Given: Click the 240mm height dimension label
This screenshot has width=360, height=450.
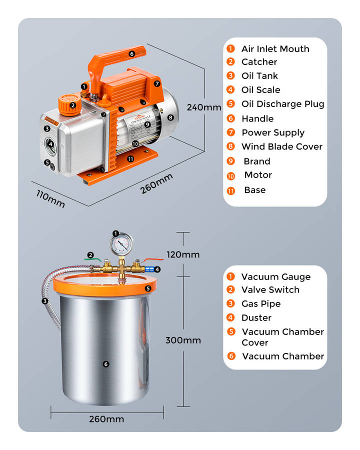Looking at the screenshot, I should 203,107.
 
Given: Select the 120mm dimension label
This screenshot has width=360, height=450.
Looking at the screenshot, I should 183,254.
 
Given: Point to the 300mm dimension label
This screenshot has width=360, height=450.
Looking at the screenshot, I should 183,340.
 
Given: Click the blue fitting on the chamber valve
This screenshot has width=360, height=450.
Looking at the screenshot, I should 148,269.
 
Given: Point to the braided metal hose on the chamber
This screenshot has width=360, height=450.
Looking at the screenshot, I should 50,295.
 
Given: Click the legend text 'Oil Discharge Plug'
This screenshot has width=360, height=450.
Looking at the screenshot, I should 282,104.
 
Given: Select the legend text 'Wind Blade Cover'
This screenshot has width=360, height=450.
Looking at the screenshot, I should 282,146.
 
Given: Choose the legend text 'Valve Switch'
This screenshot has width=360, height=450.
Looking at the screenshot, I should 270,289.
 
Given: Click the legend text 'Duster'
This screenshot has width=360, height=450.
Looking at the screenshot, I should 256,317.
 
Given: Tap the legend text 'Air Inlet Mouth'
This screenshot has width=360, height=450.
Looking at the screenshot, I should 275,48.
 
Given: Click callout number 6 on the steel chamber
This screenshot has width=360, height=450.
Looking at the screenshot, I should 105,364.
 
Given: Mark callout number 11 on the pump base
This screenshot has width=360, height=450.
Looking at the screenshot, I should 131,158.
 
